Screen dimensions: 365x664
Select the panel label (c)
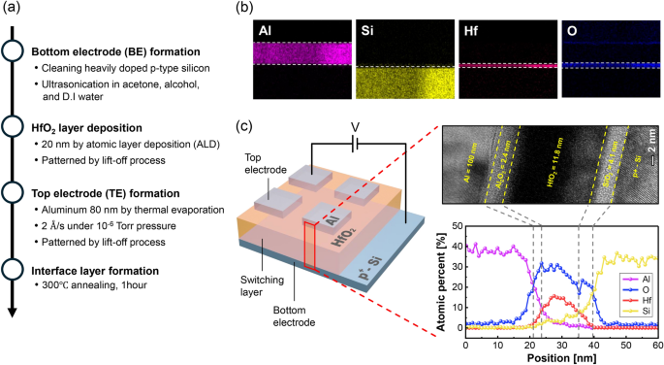[244, 127]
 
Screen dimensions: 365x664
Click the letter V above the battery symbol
[354, 127]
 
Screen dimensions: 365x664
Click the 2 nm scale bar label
[651, 153]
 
